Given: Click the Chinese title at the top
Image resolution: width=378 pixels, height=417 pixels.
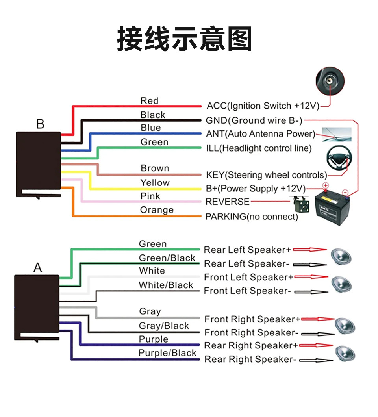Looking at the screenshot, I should (x=184, y=39).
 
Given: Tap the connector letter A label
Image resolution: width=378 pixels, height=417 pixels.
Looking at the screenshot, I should (x=37, y=268).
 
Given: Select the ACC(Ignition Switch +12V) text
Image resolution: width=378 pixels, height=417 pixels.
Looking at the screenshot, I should (x=263, y=106).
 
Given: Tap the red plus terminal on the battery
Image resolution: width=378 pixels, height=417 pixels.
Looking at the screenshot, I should (x=326, y=185).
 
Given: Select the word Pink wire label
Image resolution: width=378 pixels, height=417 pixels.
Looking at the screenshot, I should (x=150, y=196).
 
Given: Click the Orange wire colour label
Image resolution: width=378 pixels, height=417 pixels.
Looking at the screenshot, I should (x=157, y=210).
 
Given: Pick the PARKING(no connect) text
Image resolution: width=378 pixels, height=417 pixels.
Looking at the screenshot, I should (x=252, y=217).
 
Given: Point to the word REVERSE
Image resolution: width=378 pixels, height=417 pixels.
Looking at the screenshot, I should (x=228, y=202).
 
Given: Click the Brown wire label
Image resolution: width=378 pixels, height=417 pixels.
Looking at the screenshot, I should (x=155, y=168).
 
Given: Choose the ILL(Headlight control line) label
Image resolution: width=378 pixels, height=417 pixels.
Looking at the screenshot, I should (x=259, y=148).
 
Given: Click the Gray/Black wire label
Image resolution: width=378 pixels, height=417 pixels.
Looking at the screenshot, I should (x=164, y=326).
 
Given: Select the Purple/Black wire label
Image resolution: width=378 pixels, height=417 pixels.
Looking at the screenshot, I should (x=167, y=353).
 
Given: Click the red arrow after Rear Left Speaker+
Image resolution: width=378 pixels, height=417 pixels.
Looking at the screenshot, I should (x=311, y=250).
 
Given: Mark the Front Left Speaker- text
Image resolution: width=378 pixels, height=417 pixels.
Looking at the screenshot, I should (x=247, y=291).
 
